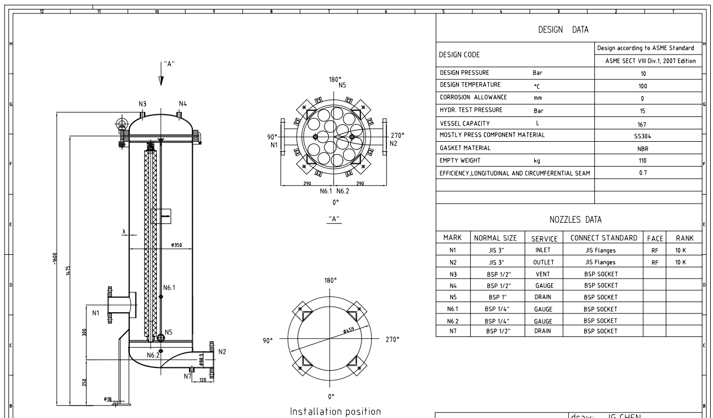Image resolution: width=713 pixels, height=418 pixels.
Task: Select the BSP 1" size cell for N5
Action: tap(497, 297)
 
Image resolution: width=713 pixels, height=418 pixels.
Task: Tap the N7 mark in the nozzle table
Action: tap(453, 332)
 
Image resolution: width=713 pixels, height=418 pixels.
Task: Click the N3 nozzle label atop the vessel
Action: tap(143, 104)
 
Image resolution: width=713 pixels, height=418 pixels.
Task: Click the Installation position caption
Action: tap(335, 411)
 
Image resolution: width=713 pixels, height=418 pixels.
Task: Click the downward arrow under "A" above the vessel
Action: tap(161, 79)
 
